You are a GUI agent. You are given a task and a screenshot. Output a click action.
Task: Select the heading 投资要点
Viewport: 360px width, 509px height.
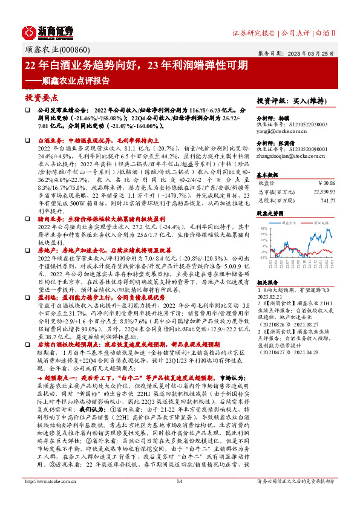(41, 97)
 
